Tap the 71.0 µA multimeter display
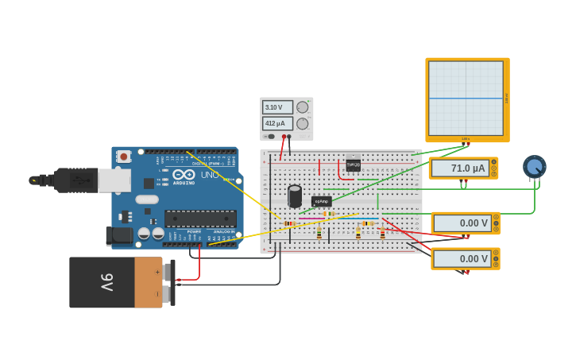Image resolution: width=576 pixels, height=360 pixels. (461, 168)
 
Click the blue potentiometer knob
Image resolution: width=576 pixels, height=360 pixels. (535, 167)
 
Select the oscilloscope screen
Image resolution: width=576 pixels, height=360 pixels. (466, 98)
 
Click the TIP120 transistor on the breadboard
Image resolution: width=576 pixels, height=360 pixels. (354, 164)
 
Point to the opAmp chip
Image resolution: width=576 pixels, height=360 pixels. (321, 202)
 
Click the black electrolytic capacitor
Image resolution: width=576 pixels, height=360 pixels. (295, 195)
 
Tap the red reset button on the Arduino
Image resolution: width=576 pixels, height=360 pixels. (123, 157)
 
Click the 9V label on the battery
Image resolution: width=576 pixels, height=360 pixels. (106, 282)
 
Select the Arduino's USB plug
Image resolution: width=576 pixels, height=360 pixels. (79, 180)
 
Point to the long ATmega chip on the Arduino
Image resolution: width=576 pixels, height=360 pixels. (200, 219)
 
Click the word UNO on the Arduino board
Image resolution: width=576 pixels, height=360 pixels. (210, 175)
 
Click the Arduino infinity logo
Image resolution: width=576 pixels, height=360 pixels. (184, 174)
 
